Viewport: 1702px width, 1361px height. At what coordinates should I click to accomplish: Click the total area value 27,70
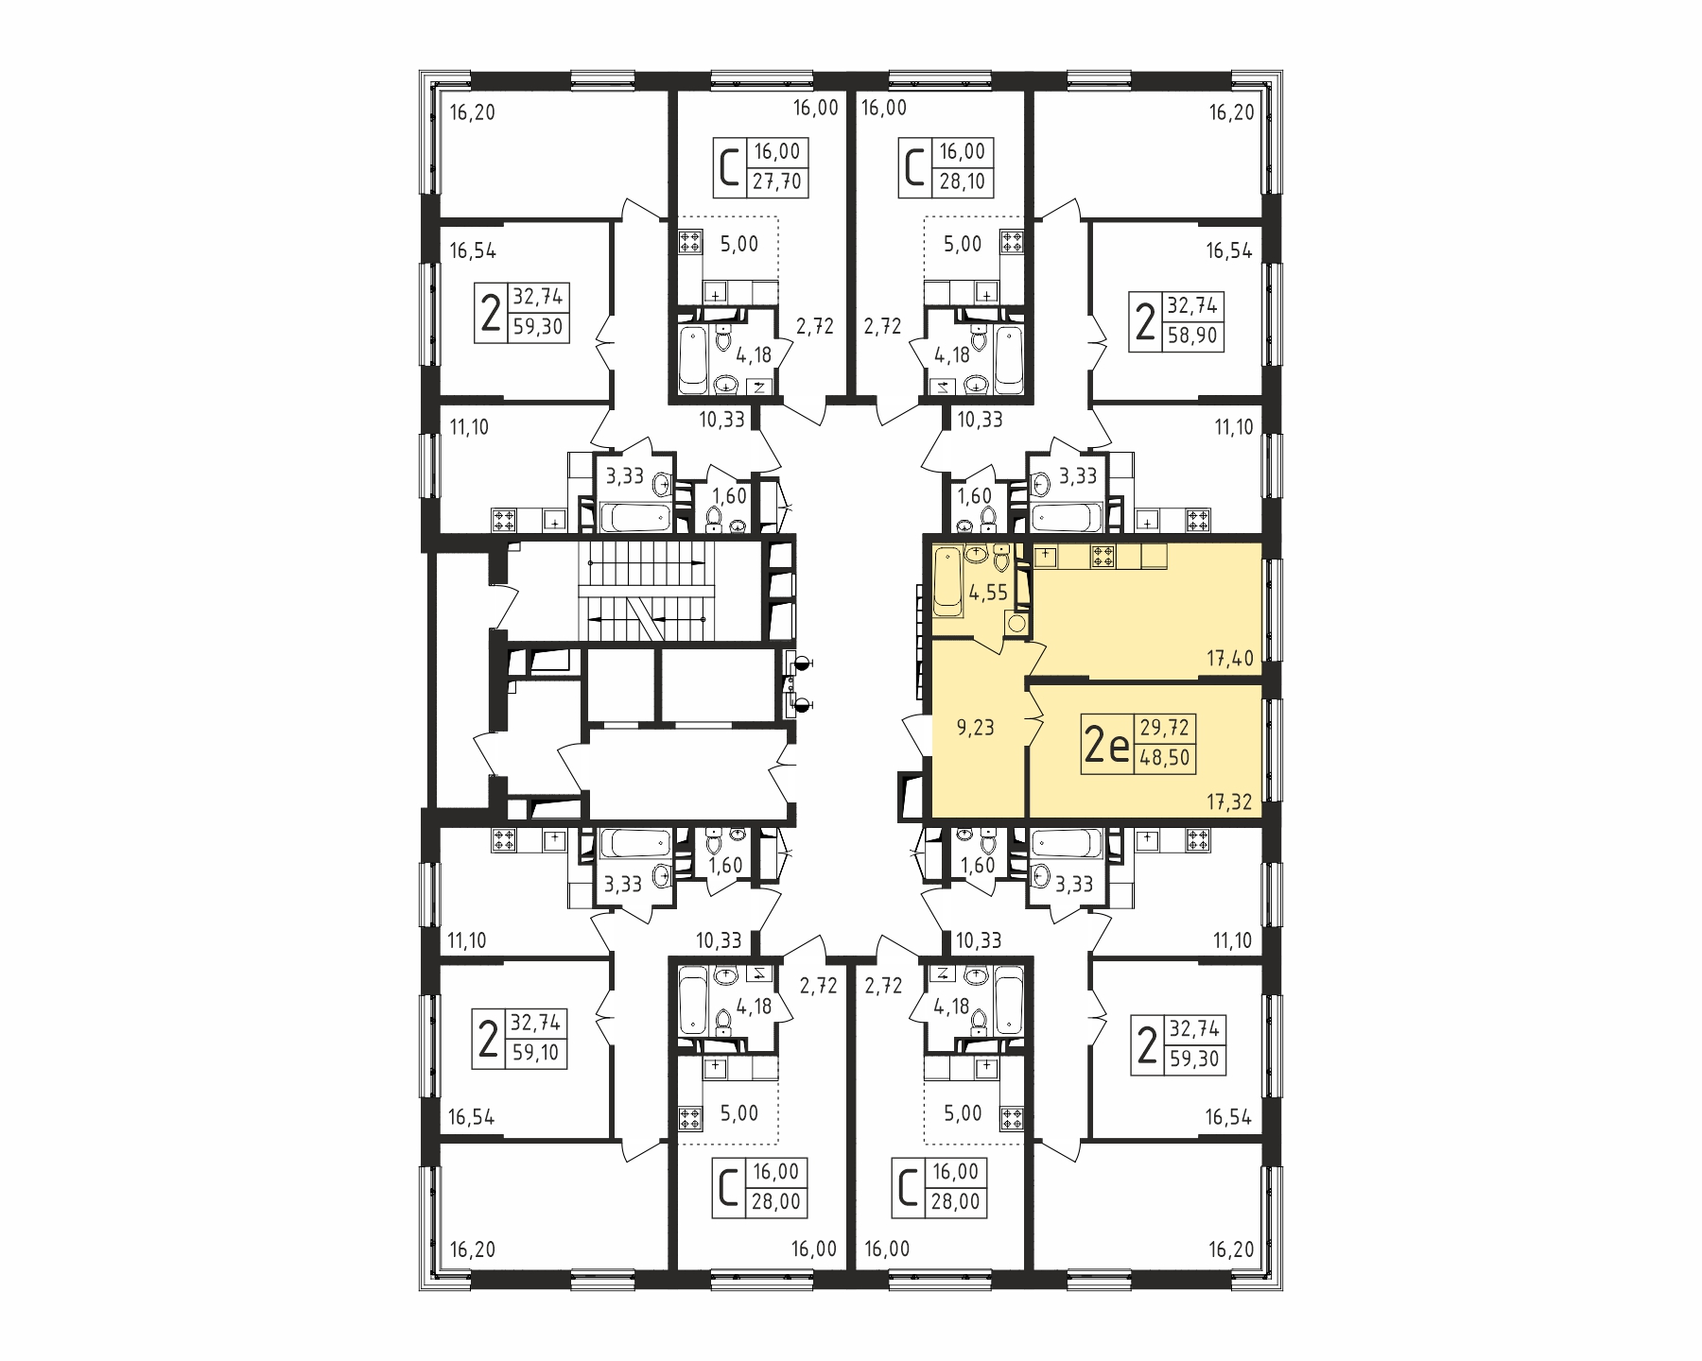(776, 181)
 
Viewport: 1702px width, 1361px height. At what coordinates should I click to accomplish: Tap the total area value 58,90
(1193, 336)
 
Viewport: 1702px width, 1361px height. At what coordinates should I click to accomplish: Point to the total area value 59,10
(535, 1052)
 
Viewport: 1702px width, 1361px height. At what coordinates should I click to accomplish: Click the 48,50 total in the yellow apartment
(1165, 757)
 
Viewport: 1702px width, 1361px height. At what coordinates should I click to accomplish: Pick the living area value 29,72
(1165, 729)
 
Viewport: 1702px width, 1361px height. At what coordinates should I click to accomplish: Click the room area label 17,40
(1229, 659)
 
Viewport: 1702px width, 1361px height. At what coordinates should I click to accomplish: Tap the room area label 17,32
(1229, 802)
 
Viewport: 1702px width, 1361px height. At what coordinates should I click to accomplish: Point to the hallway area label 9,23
(977, 729)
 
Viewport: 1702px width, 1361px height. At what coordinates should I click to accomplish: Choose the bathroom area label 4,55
(988, 594)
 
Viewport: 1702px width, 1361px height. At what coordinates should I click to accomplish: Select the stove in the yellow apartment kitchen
(1103, 557)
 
